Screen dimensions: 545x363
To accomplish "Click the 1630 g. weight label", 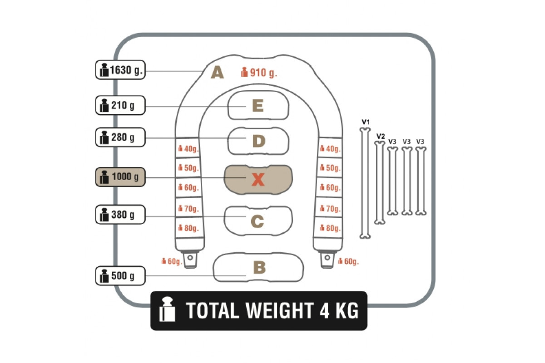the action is coord(120,70).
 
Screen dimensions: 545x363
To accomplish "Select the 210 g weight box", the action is coord(120,105).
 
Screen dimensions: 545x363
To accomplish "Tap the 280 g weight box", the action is coord(120,137).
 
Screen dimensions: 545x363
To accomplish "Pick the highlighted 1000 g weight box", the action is coord(120,177).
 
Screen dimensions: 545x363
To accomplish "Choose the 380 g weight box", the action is coord(120,215).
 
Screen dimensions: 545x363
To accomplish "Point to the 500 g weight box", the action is coord(120,276).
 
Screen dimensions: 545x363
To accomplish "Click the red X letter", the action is coord(258,180).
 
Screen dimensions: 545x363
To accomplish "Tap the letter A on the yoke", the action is coord(217,73).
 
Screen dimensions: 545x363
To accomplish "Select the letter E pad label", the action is coord(258,106).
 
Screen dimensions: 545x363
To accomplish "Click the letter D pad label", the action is coord(258,141).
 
